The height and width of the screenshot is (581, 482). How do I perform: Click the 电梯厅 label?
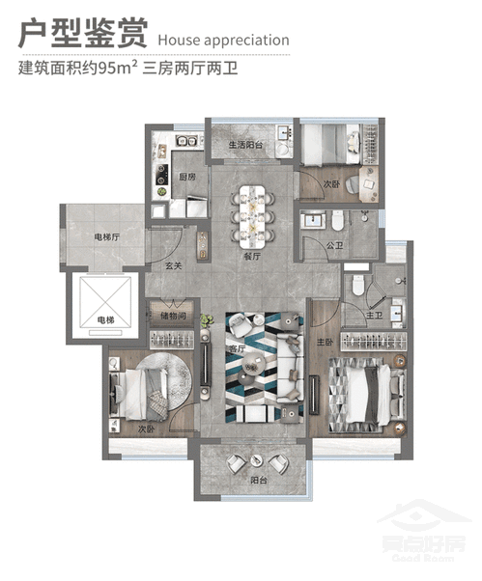[106, 236]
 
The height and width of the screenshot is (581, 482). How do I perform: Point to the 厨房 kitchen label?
[187, 178]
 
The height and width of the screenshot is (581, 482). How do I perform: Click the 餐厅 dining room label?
[252, 258]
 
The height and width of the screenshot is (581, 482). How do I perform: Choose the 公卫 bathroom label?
[336, 245]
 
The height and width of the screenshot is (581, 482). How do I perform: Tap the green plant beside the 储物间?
[206, 320]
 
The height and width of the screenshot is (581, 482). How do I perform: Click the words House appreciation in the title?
[221, 41]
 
